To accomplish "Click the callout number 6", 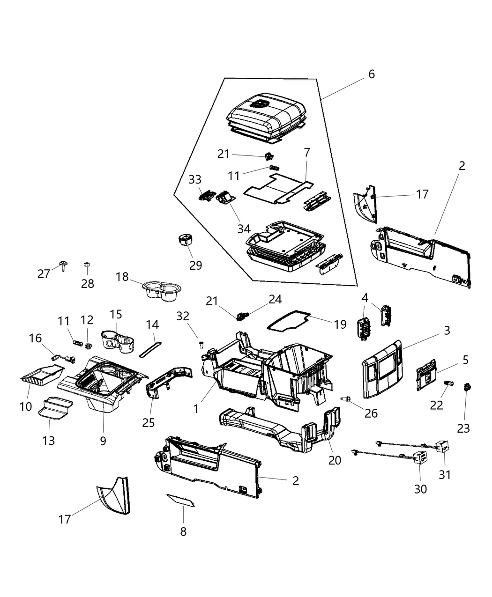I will (371, 74).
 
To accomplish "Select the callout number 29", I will (196, 265).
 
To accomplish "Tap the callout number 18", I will (122, 277).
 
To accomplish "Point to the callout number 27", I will (44, 274).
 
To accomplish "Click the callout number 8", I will (183, 531).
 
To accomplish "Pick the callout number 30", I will (420, 488).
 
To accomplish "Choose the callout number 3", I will (447, 331).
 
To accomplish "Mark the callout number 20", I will (335, 460).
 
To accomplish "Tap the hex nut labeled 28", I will (86, 265).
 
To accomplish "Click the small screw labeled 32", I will (201, 345).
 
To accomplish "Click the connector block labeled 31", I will (442, 447).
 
